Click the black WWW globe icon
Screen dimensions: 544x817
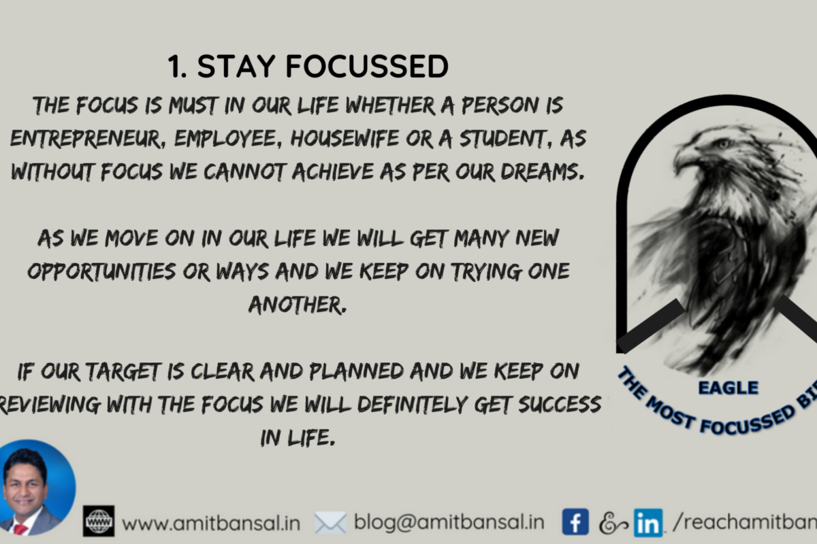point(99,521)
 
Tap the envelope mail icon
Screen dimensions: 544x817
point(330,522)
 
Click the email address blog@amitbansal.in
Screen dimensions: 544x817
point(449,522)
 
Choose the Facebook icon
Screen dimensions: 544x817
point(575,522)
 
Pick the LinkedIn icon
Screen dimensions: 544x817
point(647,522)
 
